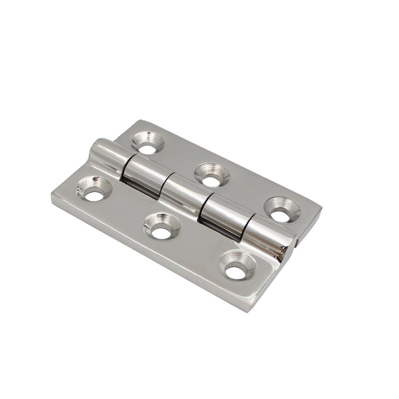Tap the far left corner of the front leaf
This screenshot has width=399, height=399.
point(51,196)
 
